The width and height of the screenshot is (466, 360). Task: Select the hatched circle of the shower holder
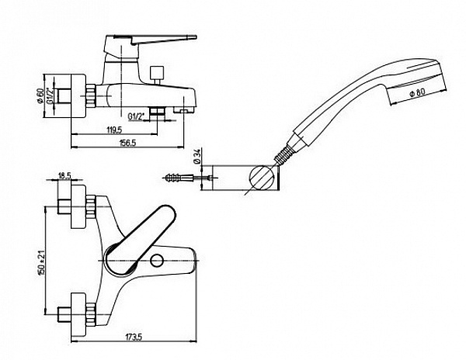point(261,179)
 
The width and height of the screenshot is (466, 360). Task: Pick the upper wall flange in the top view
point(78,209)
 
